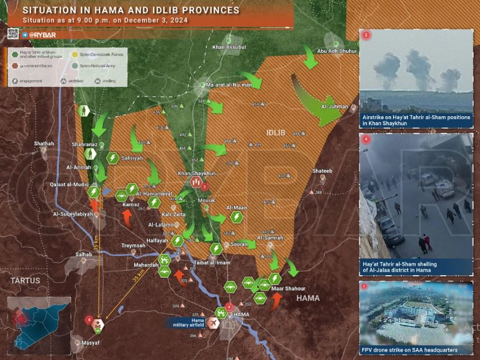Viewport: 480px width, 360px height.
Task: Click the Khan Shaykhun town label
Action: pos(196,173)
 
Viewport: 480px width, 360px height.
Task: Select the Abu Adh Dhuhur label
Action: pos(333,51)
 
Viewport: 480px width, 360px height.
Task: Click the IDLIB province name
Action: pos(276,132)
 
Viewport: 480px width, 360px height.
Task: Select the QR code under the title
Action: pos(13,34)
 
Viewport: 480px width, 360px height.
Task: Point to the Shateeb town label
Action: pos(322,171)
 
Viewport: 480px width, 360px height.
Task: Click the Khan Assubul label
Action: pos(228,46)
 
